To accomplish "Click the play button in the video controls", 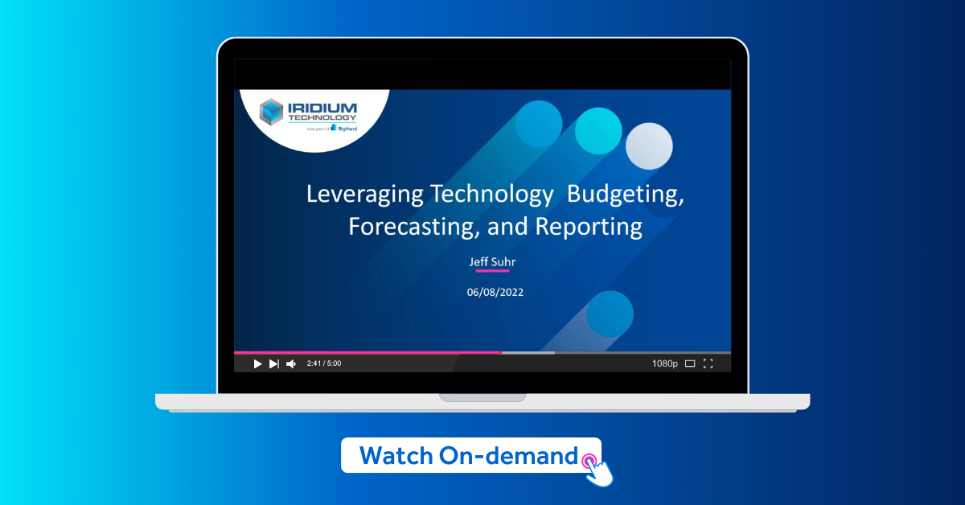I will point(257,363).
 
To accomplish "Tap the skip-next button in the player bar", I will point(274,363).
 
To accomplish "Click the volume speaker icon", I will point(291,363).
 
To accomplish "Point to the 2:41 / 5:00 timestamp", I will point(324,363).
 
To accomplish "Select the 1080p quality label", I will point(664,363).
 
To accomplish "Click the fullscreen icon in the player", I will point(708,363).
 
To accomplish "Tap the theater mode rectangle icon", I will point(690,363).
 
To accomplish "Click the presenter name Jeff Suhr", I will point(492,262).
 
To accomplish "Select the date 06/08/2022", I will point(495,292).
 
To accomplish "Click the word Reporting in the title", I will point(589,226).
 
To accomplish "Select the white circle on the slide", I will point(648,146).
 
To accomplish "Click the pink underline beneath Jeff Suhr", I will point(492,271).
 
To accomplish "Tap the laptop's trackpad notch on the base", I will point(482,397).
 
